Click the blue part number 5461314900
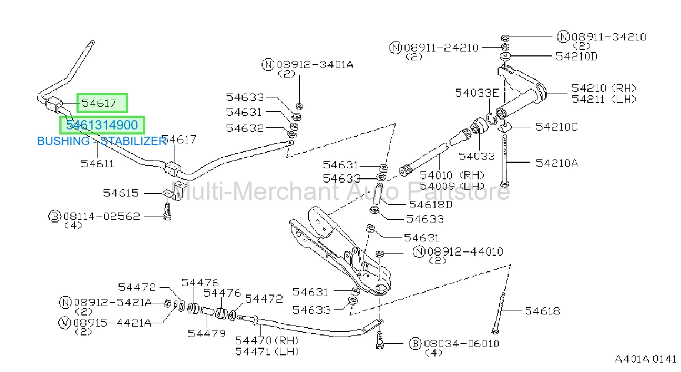[102, 125]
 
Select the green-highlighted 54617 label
[99, 104]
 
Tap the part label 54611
[98, 164]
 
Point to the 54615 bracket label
[121, 193]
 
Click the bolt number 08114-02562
[102, 216]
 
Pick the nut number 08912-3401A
[315, 65]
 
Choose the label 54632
[245, 128]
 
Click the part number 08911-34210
[608, 37]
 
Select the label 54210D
[576, 56]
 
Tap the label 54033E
[477, 93]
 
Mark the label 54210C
[557, 127]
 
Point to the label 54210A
[557, 163]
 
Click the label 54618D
[431, 205]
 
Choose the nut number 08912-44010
[465, 252]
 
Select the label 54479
[207, 334]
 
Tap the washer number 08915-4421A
[112, 323]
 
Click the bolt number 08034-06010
[462, 344]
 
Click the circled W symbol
[64, 323]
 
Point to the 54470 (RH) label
[267, 340]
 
